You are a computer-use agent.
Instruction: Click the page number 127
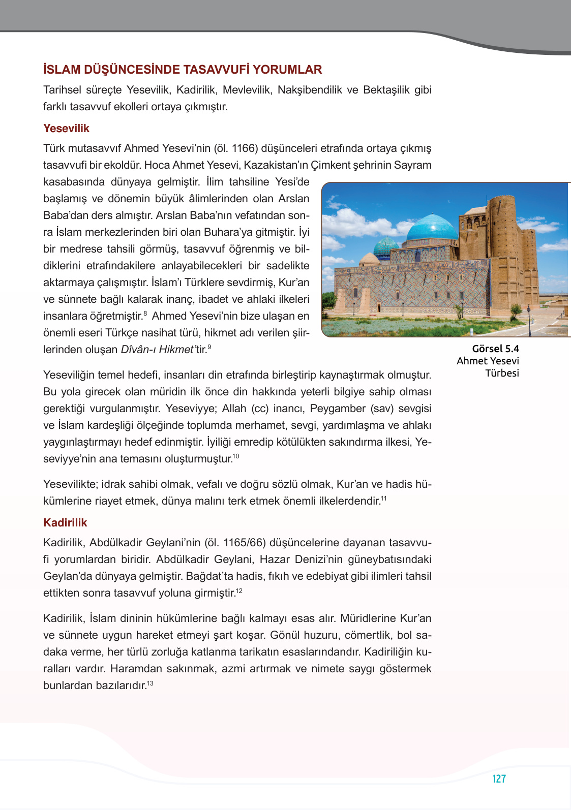click(x=499, y=778)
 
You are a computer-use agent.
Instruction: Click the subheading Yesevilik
click(x=66, y=129)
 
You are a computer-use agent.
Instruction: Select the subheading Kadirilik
click(x=65, y=523)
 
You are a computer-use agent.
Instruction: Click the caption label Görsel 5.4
click(x=495, y=349)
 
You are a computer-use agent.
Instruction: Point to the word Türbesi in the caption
click(x=502, y=373)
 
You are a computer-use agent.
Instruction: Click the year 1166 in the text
click(x=244, y=148)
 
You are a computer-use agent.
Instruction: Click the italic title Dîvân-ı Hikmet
click(x=157, y=350)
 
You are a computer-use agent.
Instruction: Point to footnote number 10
click(x=236, y=456)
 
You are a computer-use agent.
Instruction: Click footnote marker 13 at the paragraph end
click(x=150, y=683)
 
